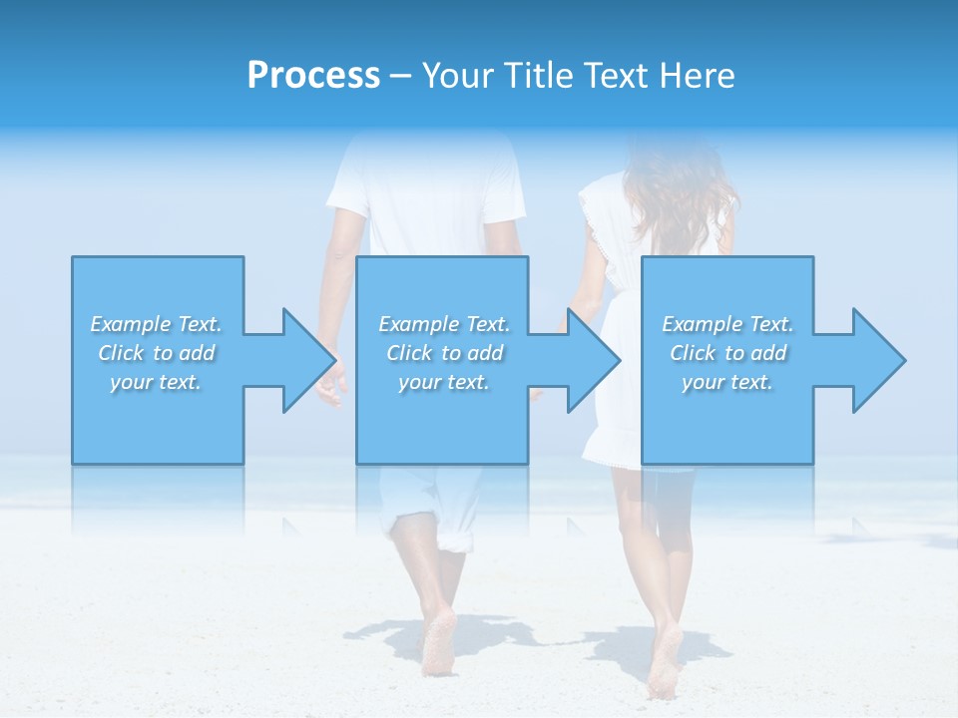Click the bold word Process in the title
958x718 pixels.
313,75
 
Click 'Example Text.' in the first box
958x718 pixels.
156,324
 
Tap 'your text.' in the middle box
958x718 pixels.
443,382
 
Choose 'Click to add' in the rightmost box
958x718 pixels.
728,353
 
